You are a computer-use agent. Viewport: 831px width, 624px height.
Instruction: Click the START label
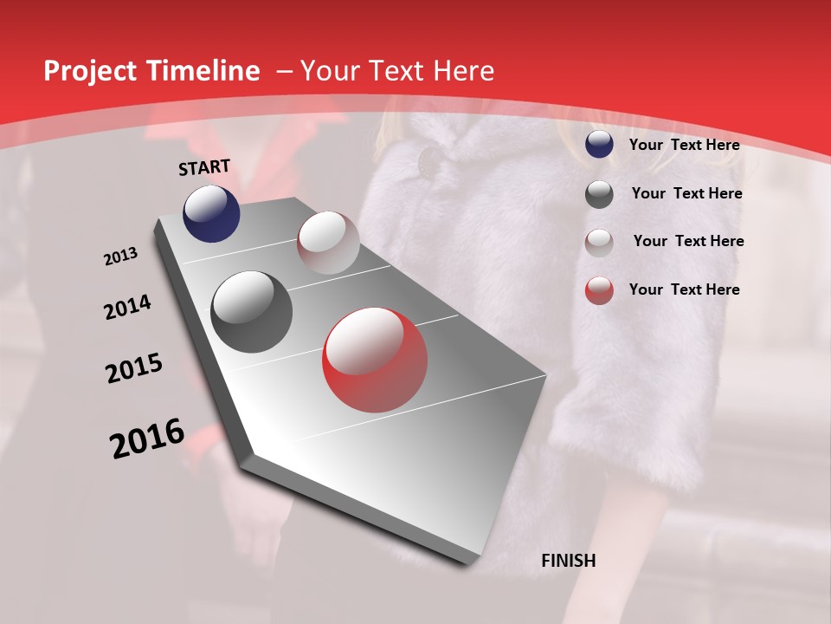204,167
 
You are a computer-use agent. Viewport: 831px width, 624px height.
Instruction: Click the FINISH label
568,561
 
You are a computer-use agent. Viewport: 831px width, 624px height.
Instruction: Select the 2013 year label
121,257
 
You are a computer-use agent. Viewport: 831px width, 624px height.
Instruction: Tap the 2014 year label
127,308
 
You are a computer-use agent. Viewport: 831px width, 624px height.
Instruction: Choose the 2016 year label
147,439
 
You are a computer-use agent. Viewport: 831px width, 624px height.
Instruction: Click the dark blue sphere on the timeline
211,214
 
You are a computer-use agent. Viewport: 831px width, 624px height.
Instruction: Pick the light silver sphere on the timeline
328,243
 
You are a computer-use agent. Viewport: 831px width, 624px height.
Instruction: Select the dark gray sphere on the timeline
252,312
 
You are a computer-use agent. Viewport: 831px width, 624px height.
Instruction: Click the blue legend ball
599,145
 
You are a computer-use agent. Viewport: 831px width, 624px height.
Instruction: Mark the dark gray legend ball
599,194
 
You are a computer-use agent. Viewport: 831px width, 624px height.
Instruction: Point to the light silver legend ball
599,243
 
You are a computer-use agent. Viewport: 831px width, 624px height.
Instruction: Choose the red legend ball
599,290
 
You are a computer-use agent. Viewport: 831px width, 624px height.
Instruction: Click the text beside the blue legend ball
684,145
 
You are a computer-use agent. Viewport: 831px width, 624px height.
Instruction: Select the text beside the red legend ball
684,289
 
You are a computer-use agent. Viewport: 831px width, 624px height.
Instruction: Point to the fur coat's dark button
428,160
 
